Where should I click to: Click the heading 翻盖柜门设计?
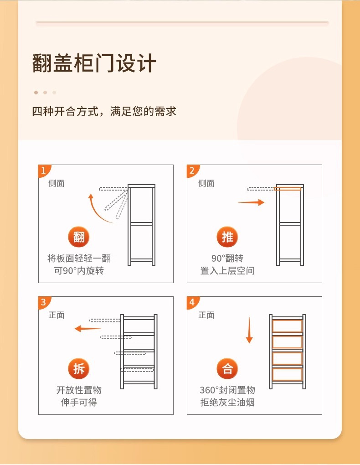[94, 63]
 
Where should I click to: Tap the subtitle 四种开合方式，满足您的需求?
[104, 112]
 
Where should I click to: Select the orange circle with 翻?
[79, 237]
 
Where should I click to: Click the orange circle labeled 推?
[227, 237]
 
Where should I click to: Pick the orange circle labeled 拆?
[79, 369]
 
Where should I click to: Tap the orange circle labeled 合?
[227, 369]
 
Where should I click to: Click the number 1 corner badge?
[44, 170]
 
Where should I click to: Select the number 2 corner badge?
[192, 170]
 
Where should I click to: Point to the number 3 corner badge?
[44, 302]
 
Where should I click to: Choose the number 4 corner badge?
[192, 302]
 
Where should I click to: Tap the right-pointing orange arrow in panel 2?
[251, 202]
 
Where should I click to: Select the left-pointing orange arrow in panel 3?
[87, 328]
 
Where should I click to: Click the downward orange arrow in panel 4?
[249, 330]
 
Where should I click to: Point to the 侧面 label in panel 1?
[57, 183]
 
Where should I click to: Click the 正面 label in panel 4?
[206, 315]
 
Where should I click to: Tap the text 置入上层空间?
[227, 270]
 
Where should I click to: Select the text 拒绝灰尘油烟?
[227, 402]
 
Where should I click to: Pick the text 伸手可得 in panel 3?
[79, 402]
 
